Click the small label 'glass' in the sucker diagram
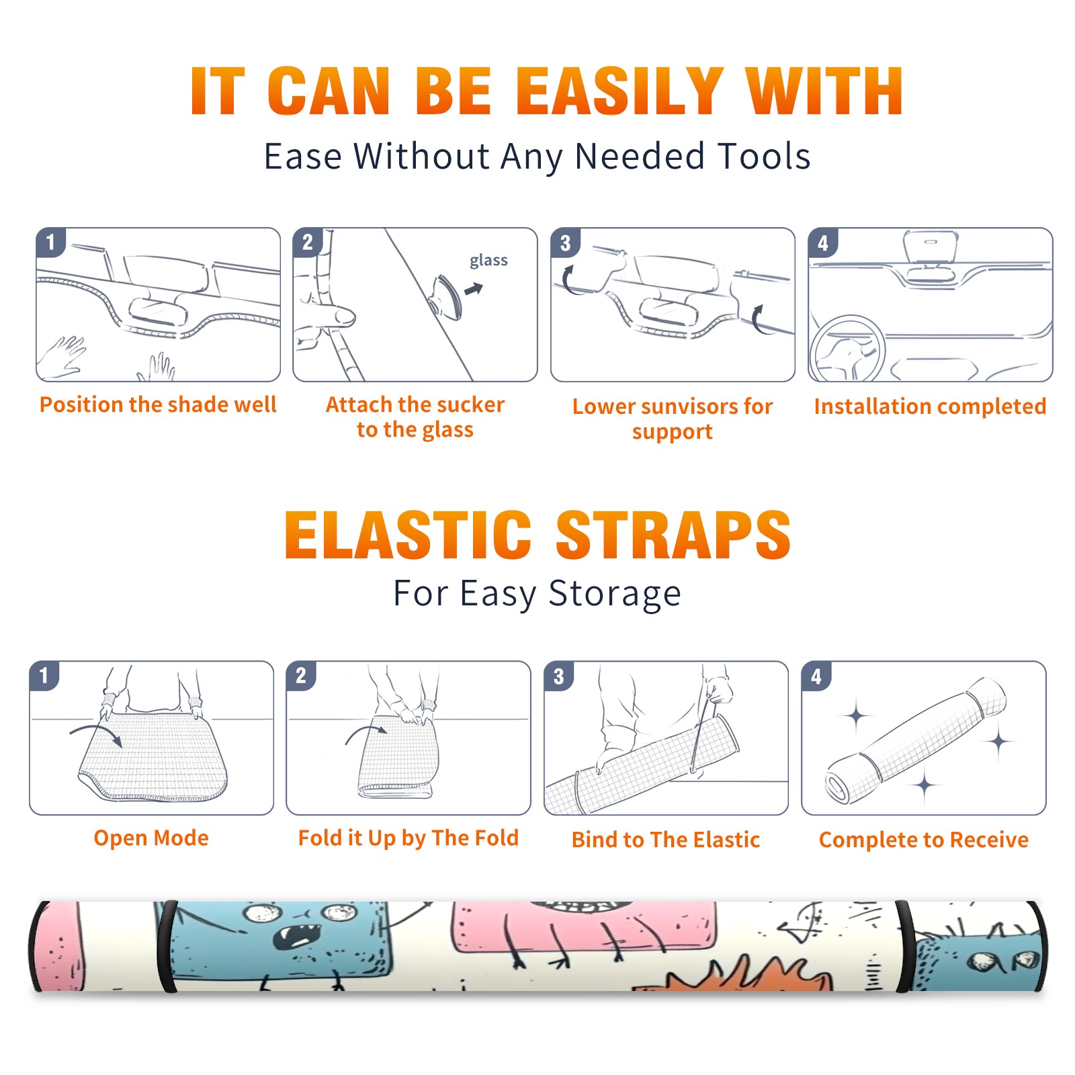coord(488,261)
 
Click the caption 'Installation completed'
coord(930,406)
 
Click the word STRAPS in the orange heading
coord(673,535)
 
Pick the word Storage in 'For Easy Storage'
coord(615,594)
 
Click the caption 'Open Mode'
coord(151,838)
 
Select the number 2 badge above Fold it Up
coord(301,676)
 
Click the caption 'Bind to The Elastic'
coord(666,840)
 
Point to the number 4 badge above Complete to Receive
coord(816,676)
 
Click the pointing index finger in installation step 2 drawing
coord(329,316)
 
